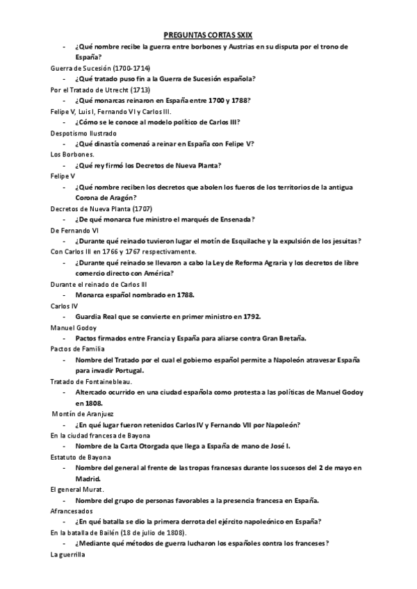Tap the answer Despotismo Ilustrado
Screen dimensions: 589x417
tap(83, 133)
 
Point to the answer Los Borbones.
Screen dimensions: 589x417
tap(72, 154)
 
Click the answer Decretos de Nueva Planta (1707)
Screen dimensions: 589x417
tap(101, 208)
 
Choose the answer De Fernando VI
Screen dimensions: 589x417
tap(76, 230)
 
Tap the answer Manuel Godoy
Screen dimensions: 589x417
tap(74, 327)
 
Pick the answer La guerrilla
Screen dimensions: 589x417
tap(68, 554)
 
